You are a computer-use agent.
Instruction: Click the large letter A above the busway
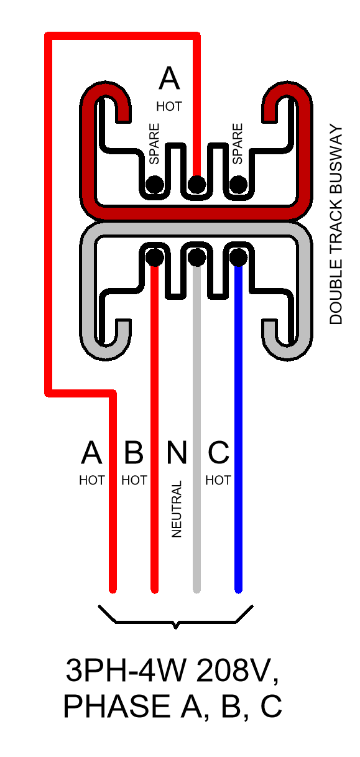coord(169,78)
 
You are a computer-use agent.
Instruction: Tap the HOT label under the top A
coord(169,106)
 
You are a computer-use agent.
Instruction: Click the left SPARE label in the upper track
coord(154,144)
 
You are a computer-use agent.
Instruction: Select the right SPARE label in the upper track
coord(238,144)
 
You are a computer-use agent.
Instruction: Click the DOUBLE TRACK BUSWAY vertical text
coord(336,225)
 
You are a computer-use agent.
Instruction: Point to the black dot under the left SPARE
coord(155,185)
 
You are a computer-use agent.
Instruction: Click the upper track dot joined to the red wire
coord(196,185)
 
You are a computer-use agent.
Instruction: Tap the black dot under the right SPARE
coord(238,185)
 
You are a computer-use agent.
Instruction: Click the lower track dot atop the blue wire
coord(238,257)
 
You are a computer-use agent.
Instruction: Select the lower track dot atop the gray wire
coord(196,257)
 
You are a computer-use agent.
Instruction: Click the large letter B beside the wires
coord(134,452)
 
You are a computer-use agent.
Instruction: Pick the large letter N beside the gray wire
coord(177,452)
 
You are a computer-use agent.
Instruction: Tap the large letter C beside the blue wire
coord(218,452)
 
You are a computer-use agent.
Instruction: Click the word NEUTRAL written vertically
coord(177,509)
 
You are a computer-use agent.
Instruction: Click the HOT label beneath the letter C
coord(218,480)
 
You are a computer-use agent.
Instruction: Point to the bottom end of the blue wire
coord(238,591)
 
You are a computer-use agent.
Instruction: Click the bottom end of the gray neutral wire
coord(196,591)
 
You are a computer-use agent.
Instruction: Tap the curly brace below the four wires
coord(175,622)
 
